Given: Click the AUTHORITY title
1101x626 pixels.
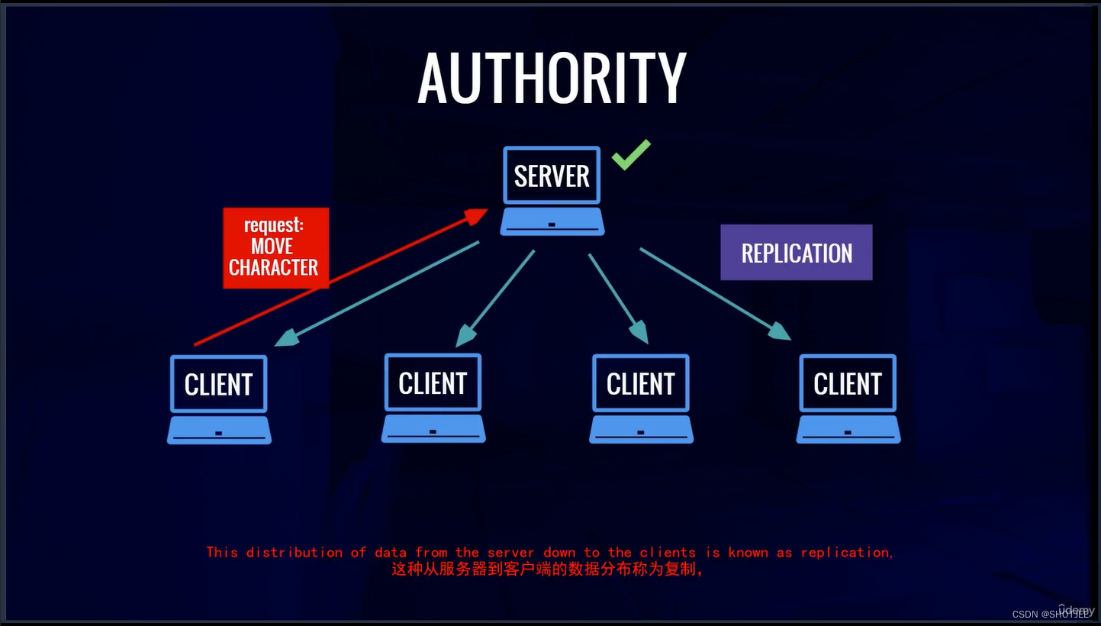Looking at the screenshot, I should (x=552, y=79).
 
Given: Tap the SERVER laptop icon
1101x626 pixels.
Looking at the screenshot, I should (x=552, y=189).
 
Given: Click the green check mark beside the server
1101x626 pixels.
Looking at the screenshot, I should (x=631, y=154).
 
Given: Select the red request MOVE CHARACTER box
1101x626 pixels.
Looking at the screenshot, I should (x=275, y=247).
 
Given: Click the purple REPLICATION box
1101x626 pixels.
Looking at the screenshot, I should (x=796, y=253).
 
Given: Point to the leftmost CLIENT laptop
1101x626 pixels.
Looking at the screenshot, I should (x=219, y=399).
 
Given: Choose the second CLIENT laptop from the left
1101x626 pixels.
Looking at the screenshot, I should (x=433, y=397).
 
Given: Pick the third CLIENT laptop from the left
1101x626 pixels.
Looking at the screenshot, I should (x=641, y=398).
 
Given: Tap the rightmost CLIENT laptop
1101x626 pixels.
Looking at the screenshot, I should (x=848, y=398).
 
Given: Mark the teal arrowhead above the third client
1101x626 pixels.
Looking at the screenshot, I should (x=639, y=332).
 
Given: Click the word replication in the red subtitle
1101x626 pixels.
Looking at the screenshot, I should (x=845, y=552).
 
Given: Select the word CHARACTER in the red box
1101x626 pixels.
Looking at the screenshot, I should (x=274, y=267).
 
